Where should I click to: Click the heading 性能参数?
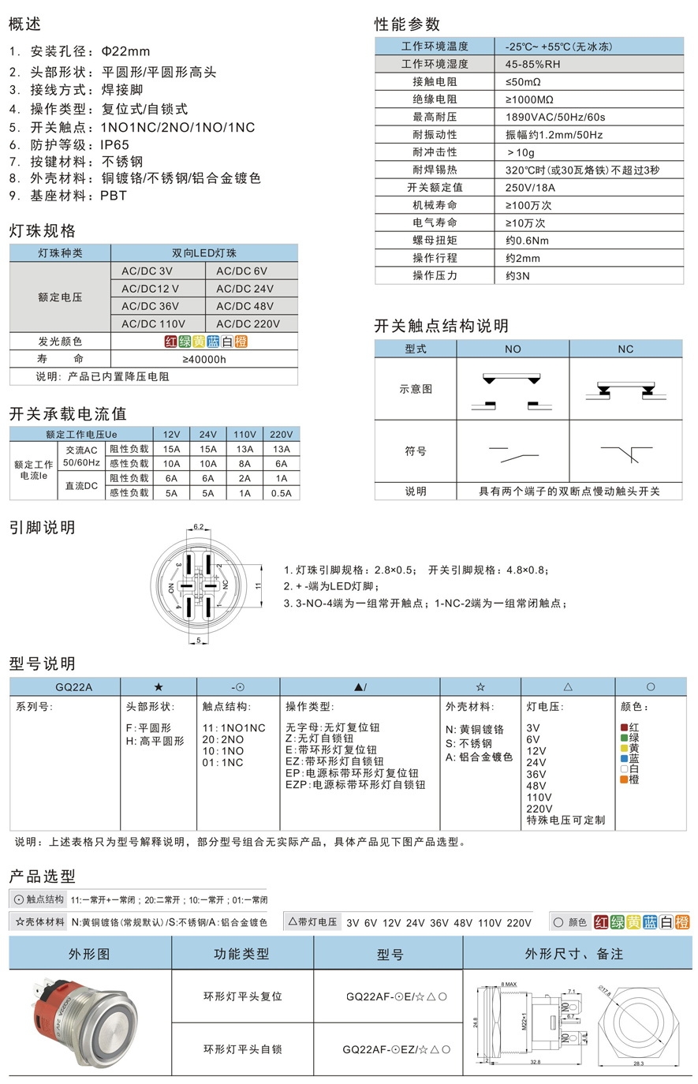(407, 24)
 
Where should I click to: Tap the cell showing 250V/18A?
(530, 188)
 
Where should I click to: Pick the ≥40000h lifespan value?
(204, 359)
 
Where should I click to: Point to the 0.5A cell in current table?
(281, 493)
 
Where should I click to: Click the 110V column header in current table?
(244, 434)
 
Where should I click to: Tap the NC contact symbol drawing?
(625, 454)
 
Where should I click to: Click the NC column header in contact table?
(625, 349)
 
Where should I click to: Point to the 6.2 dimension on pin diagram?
(199, 527)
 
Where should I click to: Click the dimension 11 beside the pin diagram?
(257, 586)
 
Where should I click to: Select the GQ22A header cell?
(74, 687)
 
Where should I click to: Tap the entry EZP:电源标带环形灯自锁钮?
(355, 785)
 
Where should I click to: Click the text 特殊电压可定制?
(565, 820)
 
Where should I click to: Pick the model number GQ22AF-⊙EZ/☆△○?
(397, 1049)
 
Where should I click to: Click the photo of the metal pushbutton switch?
(89, 1023)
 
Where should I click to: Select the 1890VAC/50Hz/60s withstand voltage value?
(555, 117)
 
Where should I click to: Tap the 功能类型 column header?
(241, 954)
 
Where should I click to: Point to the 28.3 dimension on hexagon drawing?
(638, 1063)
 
